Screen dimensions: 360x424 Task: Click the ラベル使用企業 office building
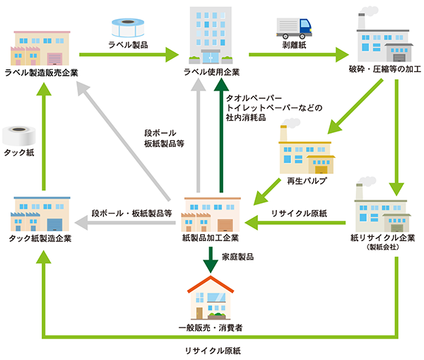coord(211,35)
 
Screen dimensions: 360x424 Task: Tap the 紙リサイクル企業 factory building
coord(382,206)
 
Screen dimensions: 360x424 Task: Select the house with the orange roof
coord(211,296)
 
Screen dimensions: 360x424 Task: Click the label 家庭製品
coord(238,256)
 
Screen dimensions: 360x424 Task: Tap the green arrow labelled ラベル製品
coord(128,52)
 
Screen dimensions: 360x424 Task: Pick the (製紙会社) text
coord(382,248)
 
